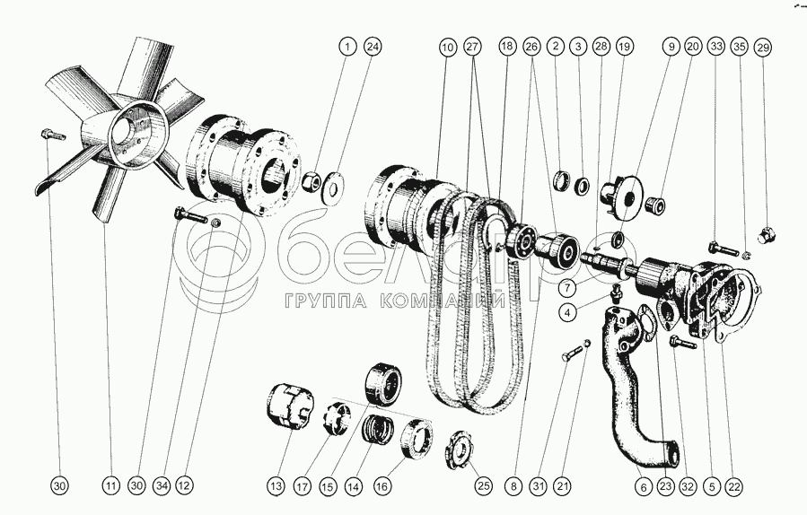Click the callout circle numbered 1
pyautogui.click(x=347, y=47)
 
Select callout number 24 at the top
pyautogui.click(x=373, y=47)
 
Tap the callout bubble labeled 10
pyautogui.click(x=448, y=48)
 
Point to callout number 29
pyautogui.click(x=763, y=48)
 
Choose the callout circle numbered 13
pyautogui.click(x=276, y=486)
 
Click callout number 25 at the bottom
pyautogui.click(x=483, y=486)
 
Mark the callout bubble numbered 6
pyautogui.click(x=644, y=486)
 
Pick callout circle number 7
pyautogui.click(x=567, y=288)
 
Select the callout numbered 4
pyautogui.click(x=567, y=311)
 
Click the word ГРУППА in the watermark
pyautogui.click(x=325, y=301)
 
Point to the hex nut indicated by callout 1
pyautogui.click(x=310, y=181)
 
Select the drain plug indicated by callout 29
pyautogui.click(x=767, y=236)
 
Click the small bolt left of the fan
pyautogui.click(x=52, y=135)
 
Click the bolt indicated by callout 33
pyautogui.click(x=724, y=249)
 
